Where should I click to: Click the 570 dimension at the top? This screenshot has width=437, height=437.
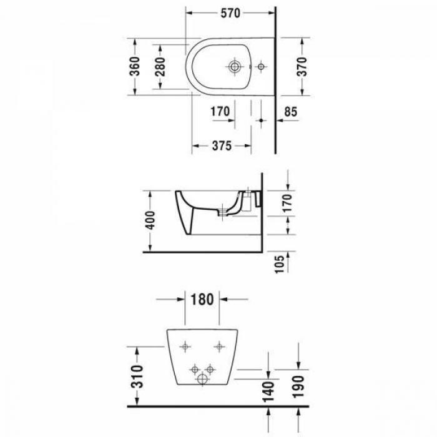232,12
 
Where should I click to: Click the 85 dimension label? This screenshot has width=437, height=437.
290,112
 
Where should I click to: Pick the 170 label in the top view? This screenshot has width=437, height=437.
220,112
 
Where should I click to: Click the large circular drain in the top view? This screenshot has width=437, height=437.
235,66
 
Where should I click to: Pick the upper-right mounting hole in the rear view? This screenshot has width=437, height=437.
220,345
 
